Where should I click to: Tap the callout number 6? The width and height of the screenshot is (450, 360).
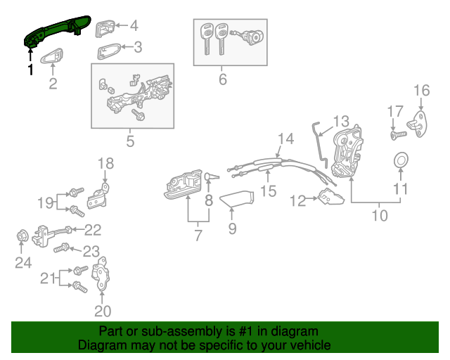tap(223, 79)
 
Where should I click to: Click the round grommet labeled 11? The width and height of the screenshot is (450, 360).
tap(399, 160)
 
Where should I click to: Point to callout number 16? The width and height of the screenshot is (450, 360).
tap(420, 90)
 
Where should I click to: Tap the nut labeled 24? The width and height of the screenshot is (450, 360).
tap(23, 238)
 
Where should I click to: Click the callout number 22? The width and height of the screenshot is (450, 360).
tap(93, 229)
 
